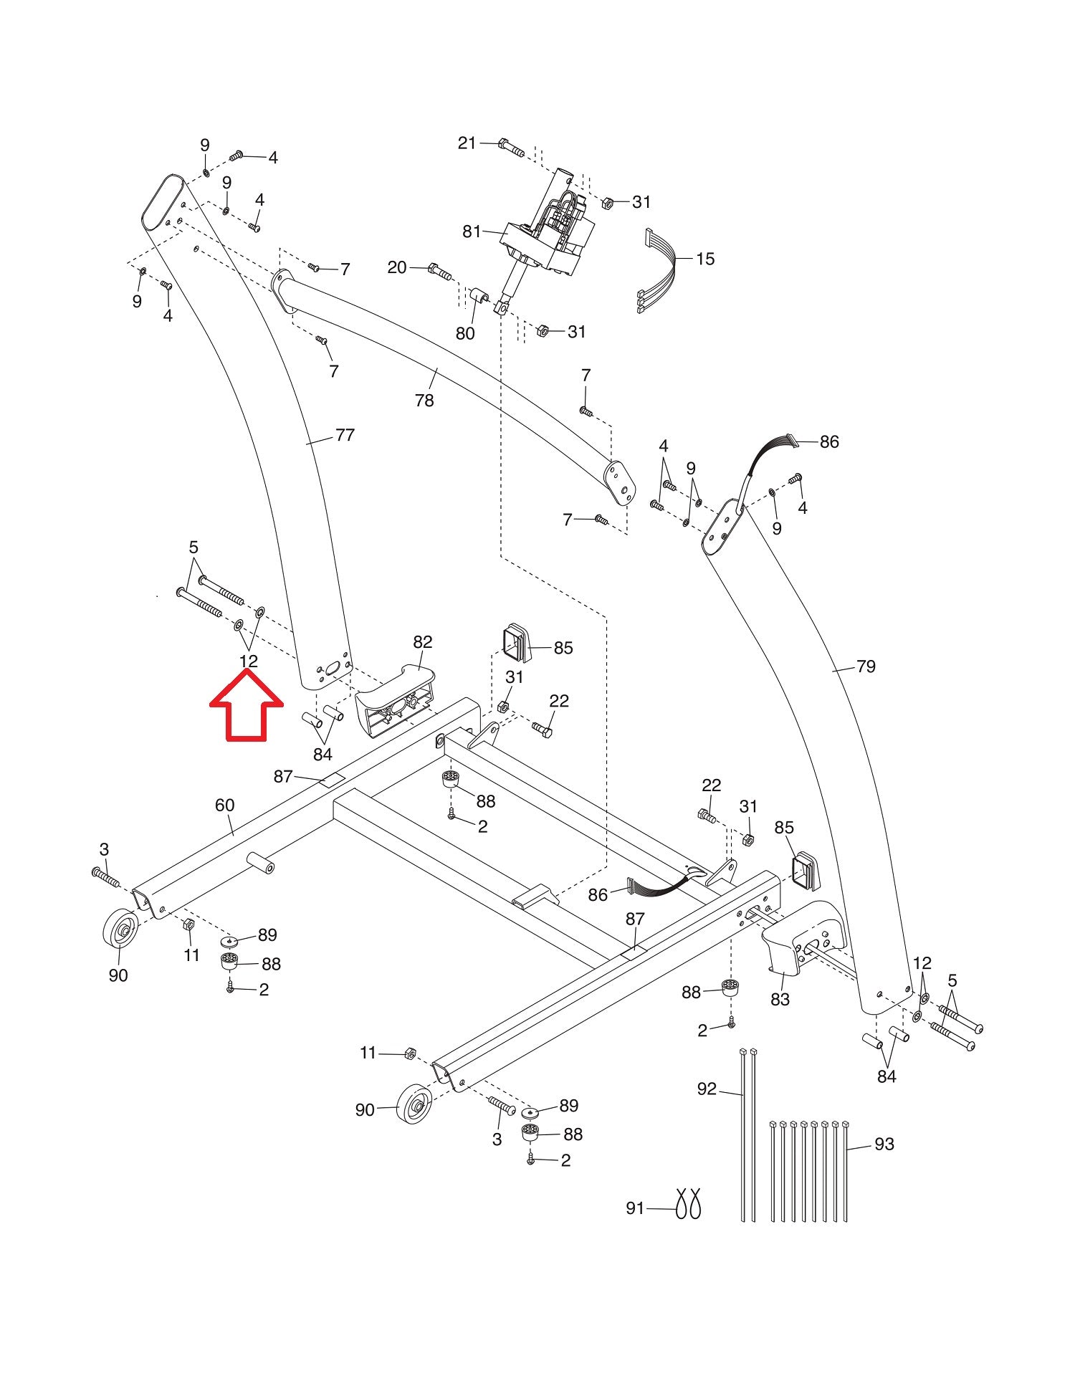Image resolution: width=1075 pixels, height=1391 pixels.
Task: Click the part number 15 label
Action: click(x=705, y=259)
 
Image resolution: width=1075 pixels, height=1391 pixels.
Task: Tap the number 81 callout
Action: click(x=472, y=231)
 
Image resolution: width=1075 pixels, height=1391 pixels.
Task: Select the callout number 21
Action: click(x=467, y=143)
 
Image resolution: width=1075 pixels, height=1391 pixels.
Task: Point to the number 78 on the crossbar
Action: click(x=424, y=400)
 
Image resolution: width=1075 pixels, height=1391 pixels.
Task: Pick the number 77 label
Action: click(x=345, y=435)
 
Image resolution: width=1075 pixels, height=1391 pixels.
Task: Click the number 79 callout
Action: click(x=866, y=666)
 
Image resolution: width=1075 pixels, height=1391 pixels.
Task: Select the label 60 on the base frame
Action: click(x=224, y=805)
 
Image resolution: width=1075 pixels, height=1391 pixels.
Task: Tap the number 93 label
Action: click(x=884, y=1144)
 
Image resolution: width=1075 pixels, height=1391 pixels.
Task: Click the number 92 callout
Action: click(x=707, y=1089)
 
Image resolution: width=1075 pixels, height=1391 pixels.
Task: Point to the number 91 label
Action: click(x=636, y=1208)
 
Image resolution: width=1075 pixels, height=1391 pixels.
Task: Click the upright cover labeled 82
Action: click(x=394, y=699)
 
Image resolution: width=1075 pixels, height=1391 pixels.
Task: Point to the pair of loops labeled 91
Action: click(x=687, y=1203)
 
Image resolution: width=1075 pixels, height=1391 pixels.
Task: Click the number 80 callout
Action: click(x=465, y=333)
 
